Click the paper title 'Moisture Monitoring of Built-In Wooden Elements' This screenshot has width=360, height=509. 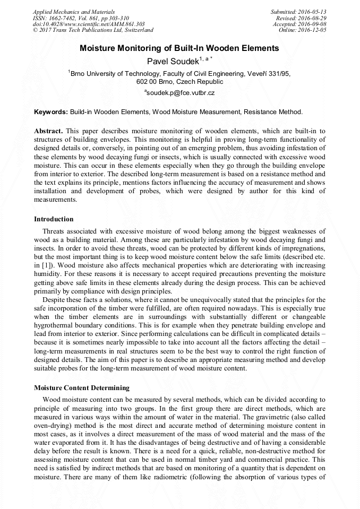[179, 48]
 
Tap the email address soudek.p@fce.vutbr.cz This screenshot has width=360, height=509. [181, 93]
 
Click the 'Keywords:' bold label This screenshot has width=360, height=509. [50, 112]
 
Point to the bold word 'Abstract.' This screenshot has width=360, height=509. [48, 131]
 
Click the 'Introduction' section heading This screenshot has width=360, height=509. [54, 219]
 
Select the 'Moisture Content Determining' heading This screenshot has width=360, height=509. [81, 388]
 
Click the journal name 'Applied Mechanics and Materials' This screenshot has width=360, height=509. [73, 12]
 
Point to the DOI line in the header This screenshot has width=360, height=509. [88, 24]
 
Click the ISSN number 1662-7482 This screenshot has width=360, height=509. [65, 18]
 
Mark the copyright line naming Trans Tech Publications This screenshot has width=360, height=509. [93, 31]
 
